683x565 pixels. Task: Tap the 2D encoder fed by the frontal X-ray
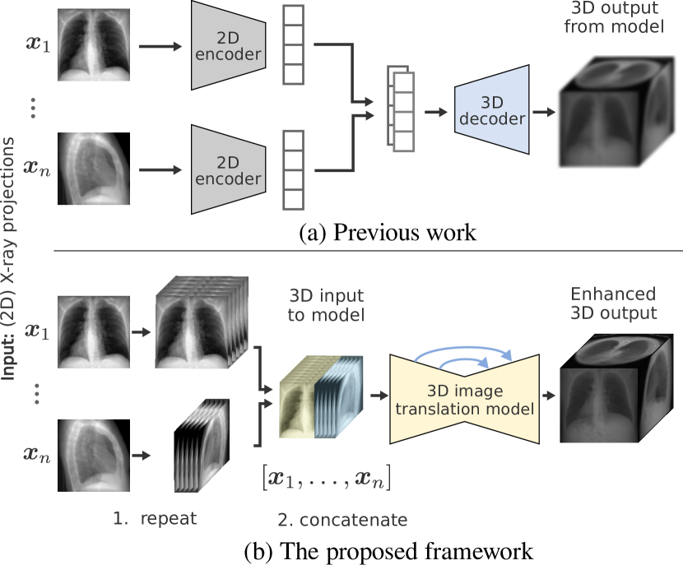(x=229, y=46)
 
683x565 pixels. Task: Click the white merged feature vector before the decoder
(x=402, y=112)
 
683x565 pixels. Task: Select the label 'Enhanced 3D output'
(x=613, y=303)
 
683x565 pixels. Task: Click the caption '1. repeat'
(x=156, y=519)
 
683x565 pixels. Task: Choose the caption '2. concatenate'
(x=341, y=520)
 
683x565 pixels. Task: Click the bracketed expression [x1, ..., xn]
(x=325, y=477)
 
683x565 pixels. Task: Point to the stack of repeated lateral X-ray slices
(x=204, y=453)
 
